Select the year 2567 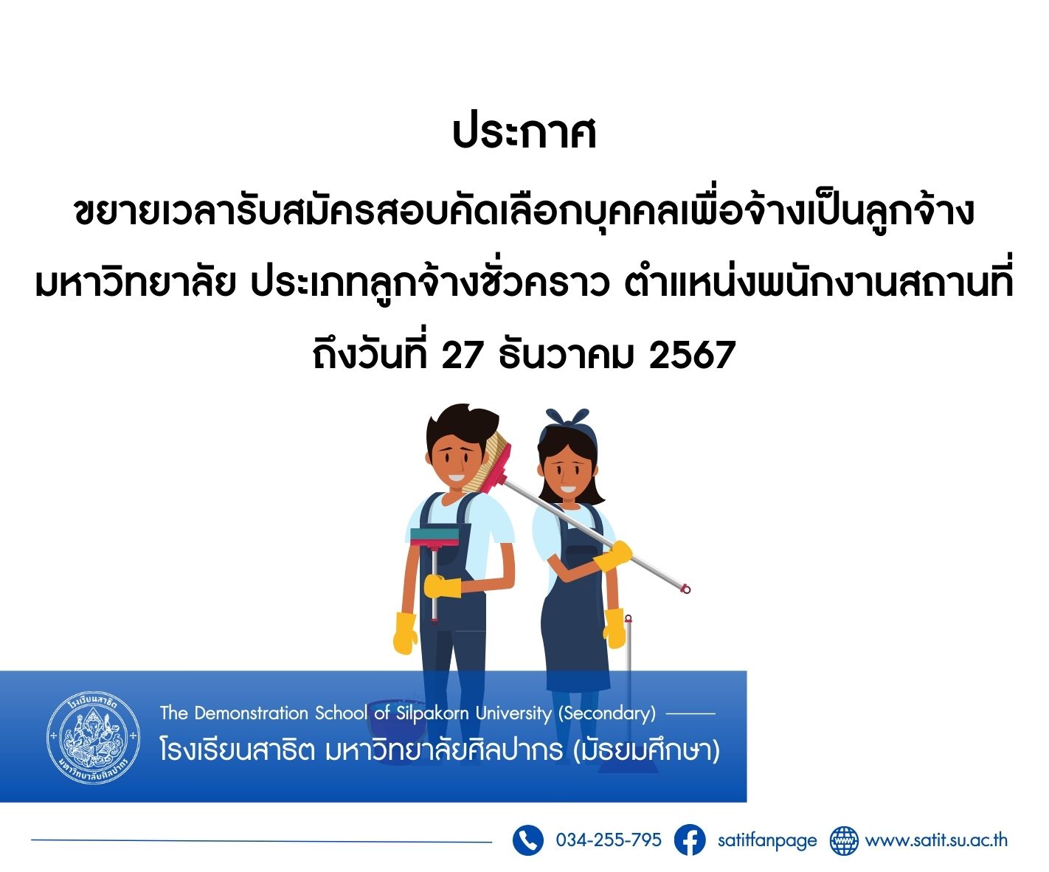pos(692,355)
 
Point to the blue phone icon pos(528,840)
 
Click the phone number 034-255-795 pos(609,840)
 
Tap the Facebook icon pos(690,840)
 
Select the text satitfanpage pos(767,840)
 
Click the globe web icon pos(844,840)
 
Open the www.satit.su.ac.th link pos(936,840)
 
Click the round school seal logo pos(94,737)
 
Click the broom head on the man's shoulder pos(490,463)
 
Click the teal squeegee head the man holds pos(435,536)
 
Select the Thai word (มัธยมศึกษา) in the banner pos(646,750)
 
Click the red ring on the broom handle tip pos(686,589)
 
